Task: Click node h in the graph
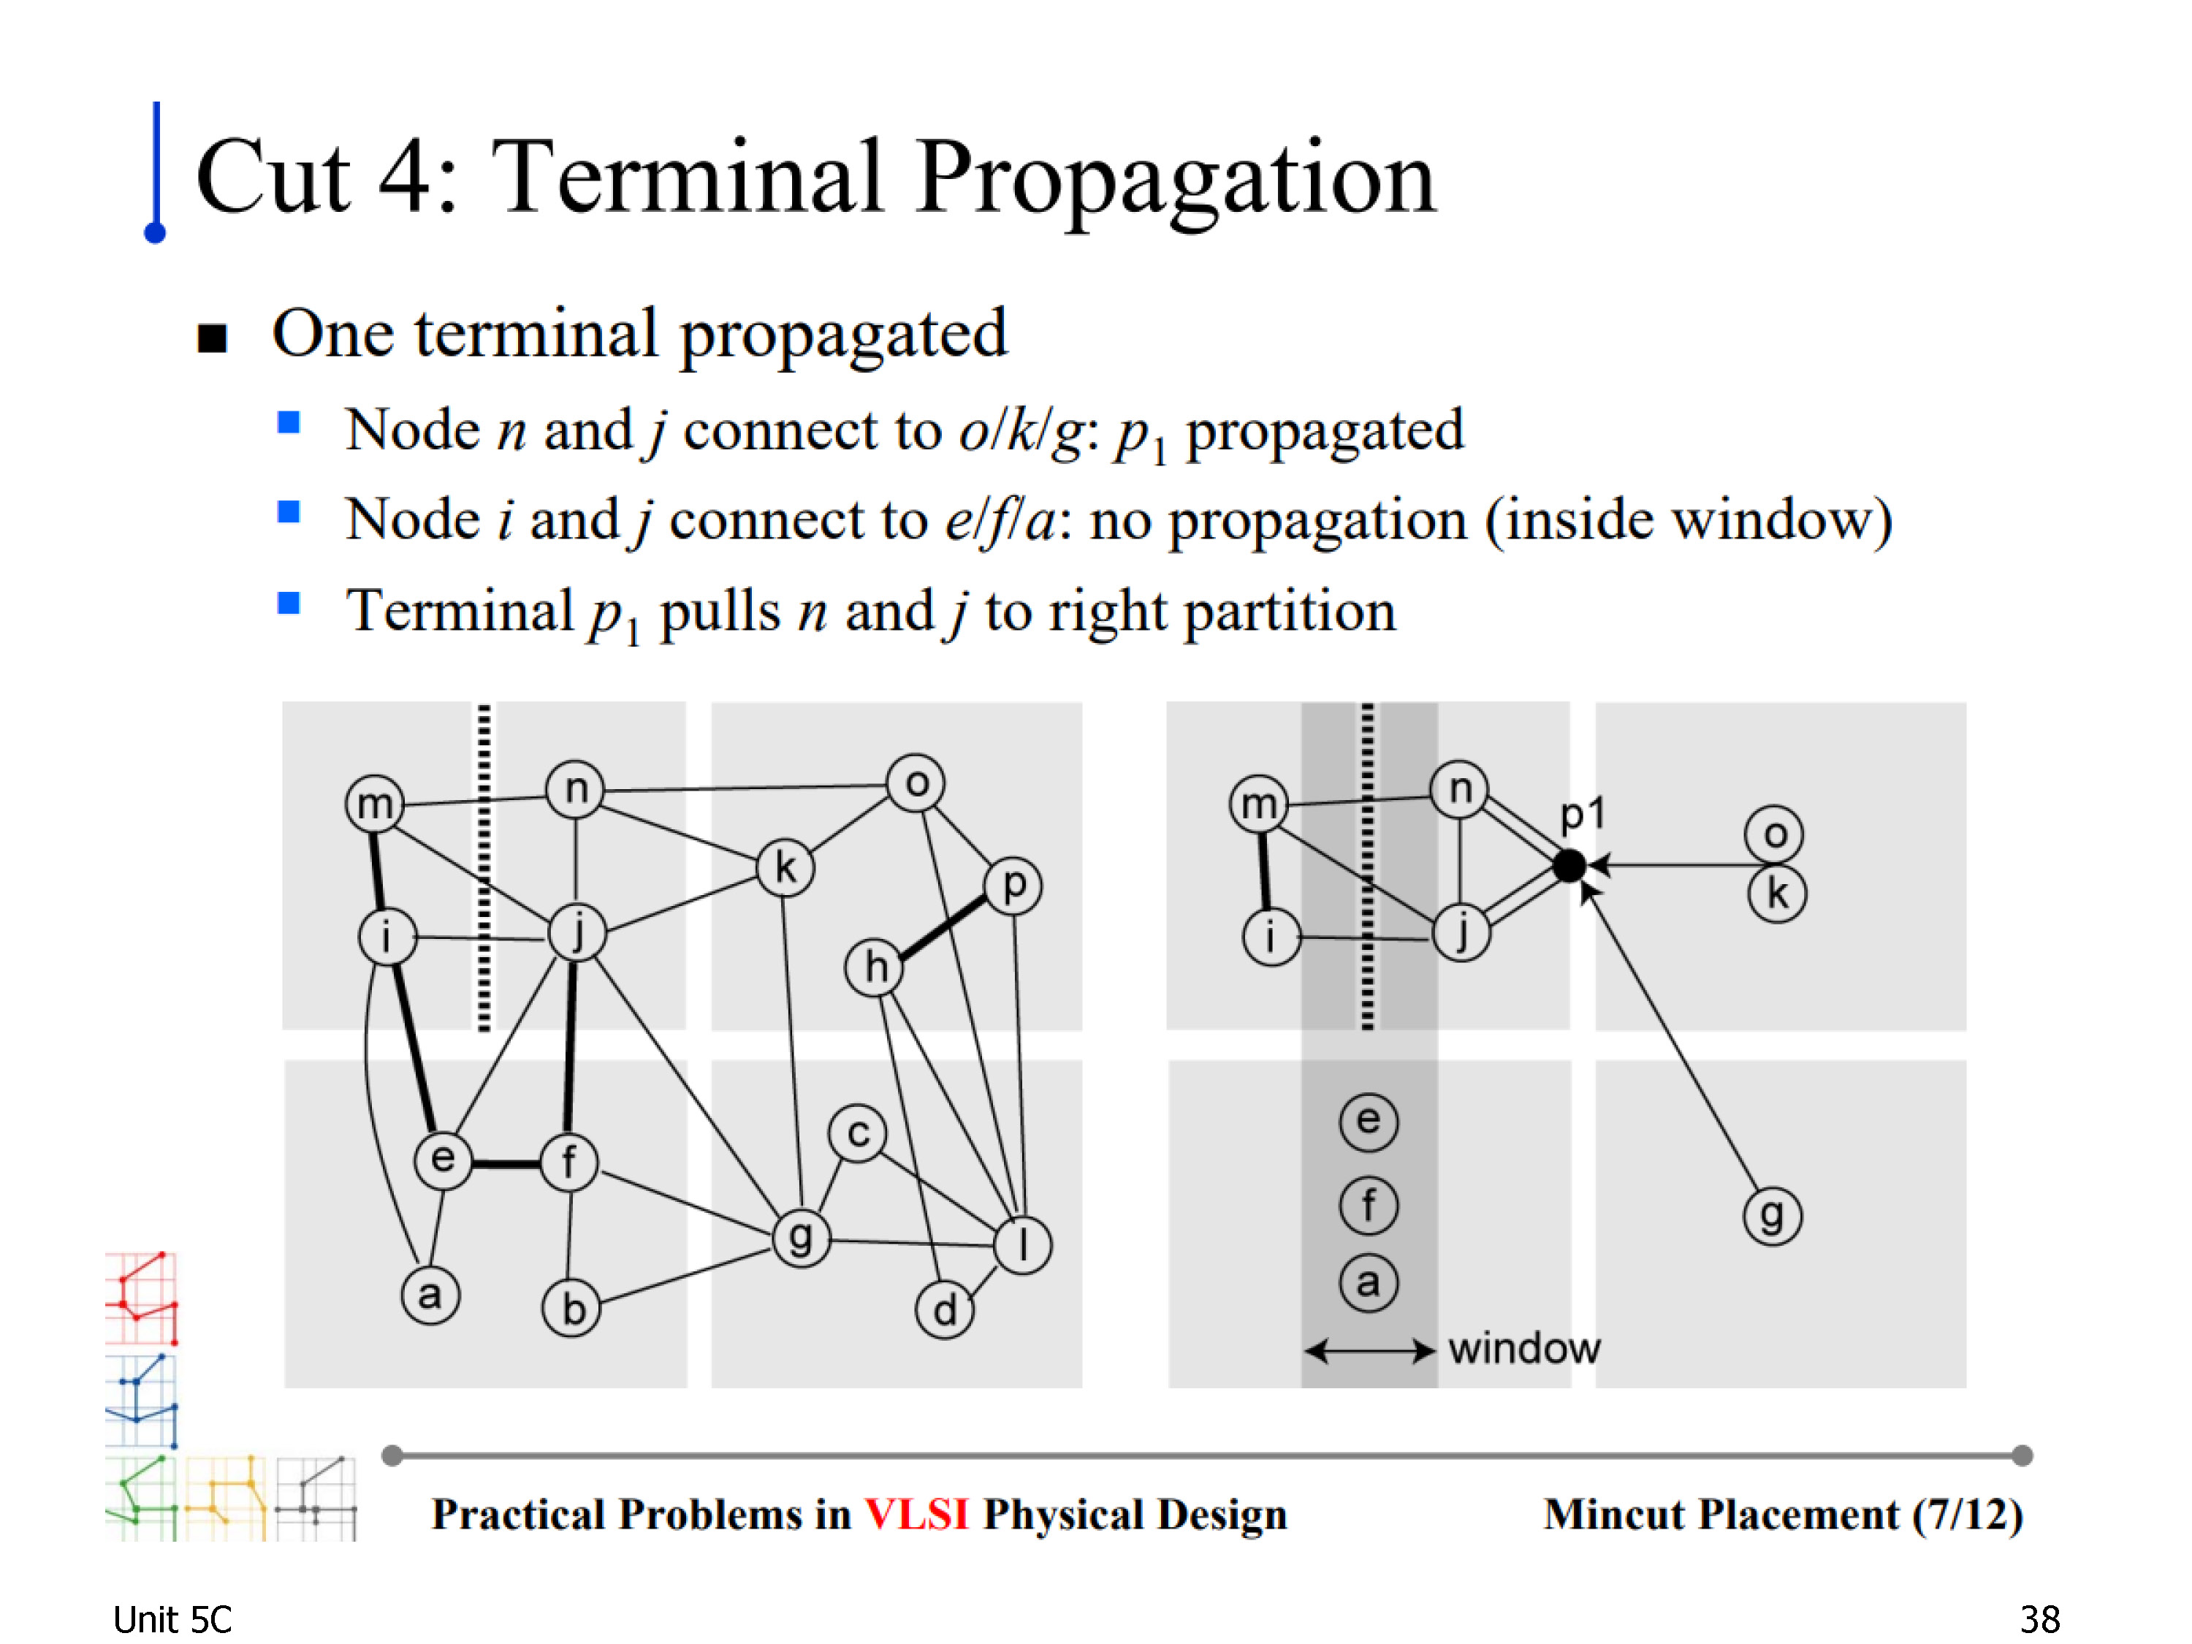[x=874, y=967]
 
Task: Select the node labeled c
[x=859, y=1133]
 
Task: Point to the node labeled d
[x=944, y=1309]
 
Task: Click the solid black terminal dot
[x=1569, y=865]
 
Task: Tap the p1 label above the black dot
[x=1582, y=815]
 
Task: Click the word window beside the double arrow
[x=1523, y=1349]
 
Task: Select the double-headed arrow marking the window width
[x=1369, y=1350]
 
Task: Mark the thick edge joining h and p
[x=943, y=926]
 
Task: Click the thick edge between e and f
[x=506, y=1162]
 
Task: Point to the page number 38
[x=2039, y=1619]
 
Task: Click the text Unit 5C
[x=172, y=1619]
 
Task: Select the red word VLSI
[x=916, y=1514]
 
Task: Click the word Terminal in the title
[x=686, y=178]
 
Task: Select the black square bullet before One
[x=212, y=338]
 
